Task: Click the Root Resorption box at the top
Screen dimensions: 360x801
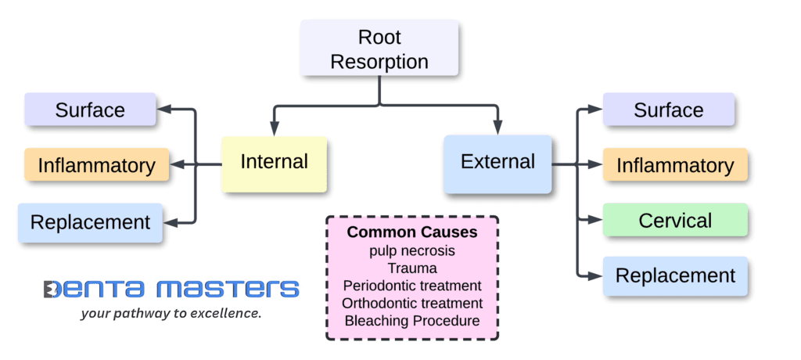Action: (x=379, y=49)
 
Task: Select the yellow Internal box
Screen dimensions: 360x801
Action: (x=274, y=163)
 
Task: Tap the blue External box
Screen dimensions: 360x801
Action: (x=497, y=163)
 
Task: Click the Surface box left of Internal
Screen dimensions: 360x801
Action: (x=90, y=110)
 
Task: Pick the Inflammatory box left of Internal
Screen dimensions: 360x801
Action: (x=96, y=165)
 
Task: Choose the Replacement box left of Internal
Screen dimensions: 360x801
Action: (x=90, y=221)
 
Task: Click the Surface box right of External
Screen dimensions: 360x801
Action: (x=668, y=110)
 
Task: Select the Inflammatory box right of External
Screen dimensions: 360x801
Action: (x=674, y=165)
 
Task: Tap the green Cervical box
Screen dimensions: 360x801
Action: (x=674, y=221)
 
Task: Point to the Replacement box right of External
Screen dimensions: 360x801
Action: (x=674, y=276)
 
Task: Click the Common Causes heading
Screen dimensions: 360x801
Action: (x=411, y=232)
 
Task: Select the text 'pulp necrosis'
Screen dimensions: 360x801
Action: (x=411, y=250)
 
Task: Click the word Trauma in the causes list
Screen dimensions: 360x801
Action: (x=411, y=268)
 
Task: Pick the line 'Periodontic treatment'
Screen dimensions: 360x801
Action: (x=411, y=286)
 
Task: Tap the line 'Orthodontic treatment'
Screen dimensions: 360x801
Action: (x=411, y=303)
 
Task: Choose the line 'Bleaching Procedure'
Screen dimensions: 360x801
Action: (x=411, y=321)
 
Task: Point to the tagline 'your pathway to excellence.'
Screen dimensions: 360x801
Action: (x=171, y=314)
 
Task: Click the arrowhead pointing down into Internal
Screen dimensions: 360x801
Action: (x=274, y=129)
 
